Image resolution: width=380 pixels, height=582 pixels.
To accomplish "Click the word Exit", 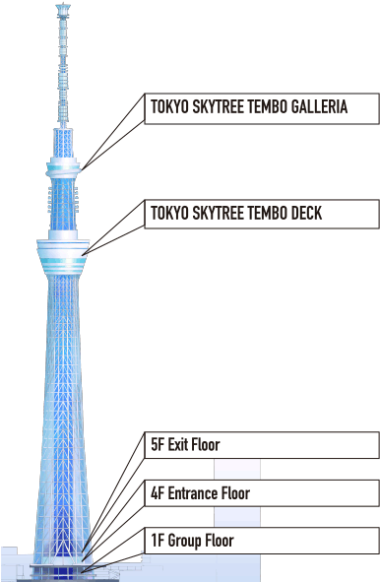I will (179, 444).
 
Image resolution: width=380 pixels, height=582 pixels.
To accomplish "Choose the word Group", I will (184, 541).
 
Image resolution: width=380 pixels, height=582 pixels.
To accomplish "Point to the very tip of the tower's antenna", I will (64, 5).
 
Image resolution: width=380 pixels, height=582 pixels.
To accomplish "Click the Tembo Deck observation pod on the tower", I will (63, 254).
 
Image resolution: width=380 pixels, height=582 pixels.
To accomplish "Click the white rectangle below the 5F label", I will (237, 469).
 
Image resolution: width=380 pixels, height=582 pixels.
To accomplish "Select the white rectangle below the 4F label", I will (237, 517).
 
